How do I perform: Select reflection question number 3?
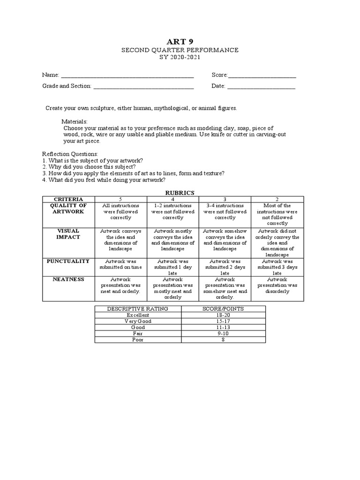click(133, 173)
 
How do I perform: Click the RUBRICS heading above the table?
click(180, 192)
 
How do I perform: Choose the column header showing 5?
click(120, 199)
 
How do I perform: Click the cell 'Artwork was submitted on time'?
click(120, 264)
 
